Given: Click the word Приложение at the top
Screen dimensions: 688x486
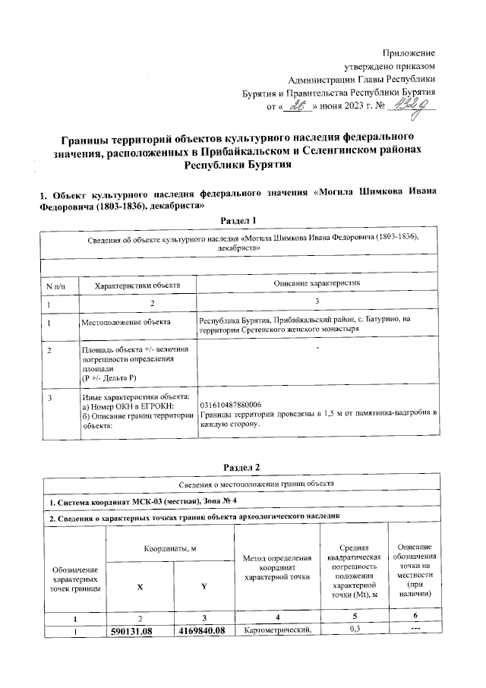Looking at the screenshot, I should [x=409, y=52].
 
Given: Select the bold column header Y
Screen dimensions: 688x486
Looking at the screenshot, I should [x=204, y=587].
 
